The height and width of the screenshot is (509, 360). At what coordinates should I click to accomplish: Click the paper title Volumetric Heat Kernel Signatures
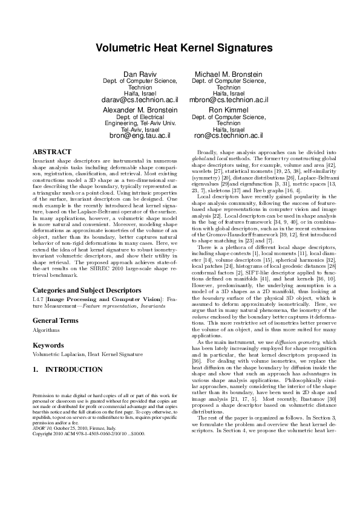[180, 47]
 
